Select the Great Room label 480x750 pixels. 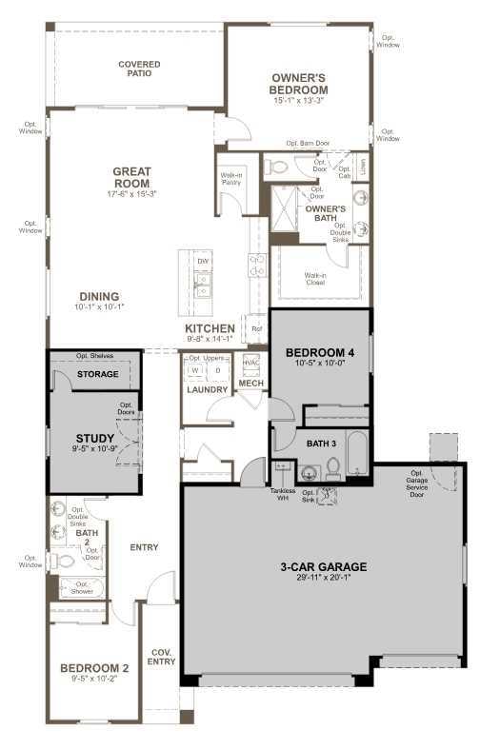[133, 178]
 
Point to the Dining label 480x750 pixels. [99, 296]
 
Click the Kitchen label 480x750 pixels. [210, 328]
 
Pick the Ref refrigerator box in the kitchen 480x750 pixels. [256, 329]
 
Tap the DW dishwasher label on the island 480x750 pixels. [203, 261]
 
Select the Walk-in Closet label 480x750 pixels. [316, 278]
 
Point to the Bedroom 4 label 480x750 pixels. [320, 353]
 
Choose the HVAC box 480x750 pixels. [251, 363]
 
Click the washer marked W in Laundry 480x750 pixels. [195, 370]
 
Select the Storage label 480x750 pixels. [99, 374]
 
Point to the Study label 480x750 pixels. [95, 439]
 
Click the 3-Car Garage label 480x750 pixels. [324, 567]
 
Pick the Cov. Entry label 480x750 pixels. [162, 658]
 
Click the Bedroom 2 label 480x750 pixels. [94, 668]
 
